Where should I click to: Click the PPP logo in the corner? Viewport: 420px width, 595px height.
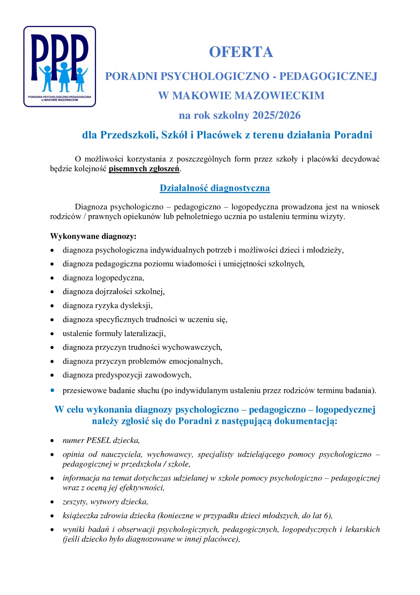(x=60, y=66)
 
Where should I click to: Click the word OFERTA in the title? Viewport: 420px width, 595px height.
(x=241, y=52)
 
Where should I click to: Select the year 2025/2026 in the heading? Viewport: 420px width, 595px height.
(x=276, y=115)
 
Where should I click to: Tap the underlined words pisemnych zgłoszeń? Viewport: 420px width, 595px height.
(x=144, y=169)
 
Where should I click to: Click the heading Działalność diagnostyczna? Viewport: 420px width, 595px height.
(x=215, y=188)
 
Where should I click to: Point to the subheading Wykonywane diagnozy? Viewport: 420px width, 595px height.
(x=93, y=236)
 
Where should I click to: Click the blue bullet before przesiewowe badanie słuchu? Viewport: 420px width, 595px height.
(x=52, y=390)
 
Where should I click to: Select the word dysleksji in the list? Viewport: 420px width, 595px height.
(x=139, y=306)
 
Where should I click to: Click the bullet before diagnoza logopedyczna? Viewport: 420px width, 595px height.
(x=52, y=278)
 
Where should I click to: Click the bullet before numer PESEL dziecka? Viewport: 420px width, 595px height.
(x=52, y=441)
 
